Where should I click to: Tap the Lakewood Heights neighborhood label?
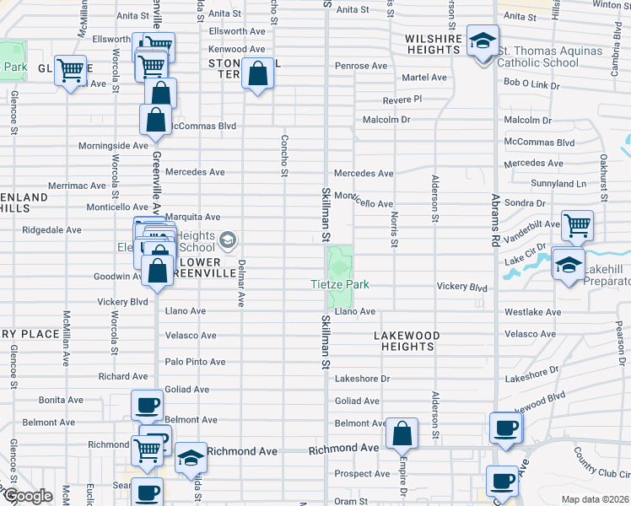(407, 341)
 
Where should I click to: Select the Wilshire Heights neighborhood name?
(434, 44)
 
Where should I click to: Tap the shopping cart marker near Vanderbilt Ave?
(578, 225)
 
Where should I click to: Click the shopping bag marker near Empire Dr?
(402, 434)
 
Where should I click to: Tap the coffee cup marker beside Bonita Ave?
(147, 406)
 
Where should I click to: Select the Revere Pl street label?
(402, 100)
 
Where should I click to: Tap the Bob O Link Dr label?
(532, 83)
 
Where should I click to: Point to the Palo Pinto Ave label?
(195, 362)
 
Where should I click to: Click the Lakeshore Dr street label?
(362, 379)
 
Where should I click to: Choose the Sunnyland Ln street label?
(558, 183)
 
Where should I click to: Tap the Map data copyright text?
(594, 499)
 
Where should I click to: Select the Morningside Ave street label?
(113, 146)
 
